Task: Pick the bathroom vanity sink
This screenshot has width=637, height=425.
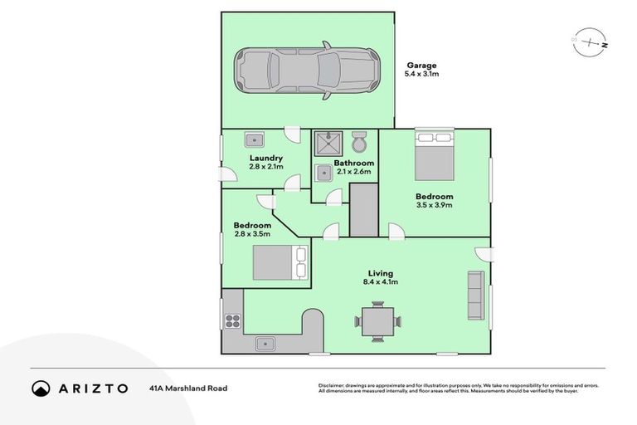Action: pyautogui.click(x=323, y=173)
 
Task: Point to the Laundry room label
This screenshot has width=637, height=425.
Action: pyautogui.click(x=266, y=158)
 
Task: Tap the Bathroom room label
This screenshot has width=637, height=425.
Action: pyautogui.click(x=353, y=163)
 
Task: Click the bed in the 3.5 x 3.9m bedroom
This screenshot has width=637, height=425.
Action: pyautogui.click(x=434, y=154)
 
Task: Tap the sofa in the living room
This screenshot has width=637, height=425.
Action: pyautogui.click(x=475, y=295)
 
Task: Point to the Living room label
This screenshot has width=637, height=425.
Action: pyautogui.click(x=381, y=273)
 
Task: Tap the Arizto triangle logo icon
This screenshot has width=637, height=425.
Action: pyautogui.click(x=41, y=388)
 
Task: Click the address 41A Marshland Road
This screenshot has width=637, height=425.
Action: pyautogui.click(x=188, y=388)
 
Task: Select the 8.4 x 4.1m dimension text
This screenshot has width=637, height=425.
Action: pyautogui.click(x=381, y=282)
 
